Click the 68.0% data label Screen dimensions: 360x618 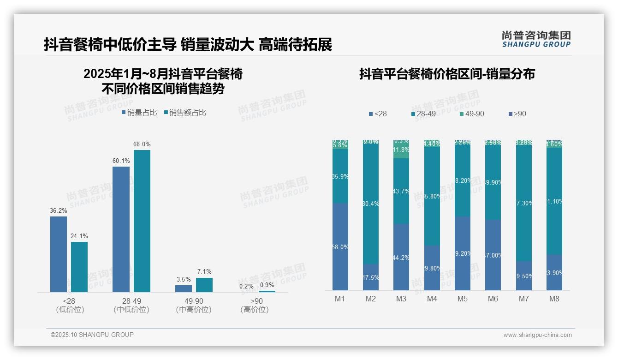pyautogui.click(x=142, y=144)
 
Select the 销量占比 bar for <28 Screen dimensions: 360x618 pyautogui.click(x=59, y=254)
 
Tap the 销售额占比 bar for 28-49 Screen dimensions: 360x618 pyautogui.click(x=142, y=221)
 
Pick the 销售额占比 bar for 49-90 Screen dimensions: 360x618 pyautogui.click(x=204, y=285)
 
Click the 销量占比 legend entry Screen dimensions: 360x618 pyautogui.click(x=139, y=113)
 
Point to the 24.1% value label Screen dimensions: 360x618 pyautogui.click(x=79, y=236)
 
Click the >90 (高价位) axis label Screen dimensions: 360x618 pyautogui.click(x=254, y=305)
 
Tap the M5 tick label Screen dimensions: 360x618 pyautogui.click(x=463, y=299)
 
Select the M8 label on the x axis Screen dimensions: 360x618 pyautogui.click(x=554, y=299)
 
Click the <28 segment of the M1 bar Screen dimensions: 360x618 pyautogui.click(x=340, y=246)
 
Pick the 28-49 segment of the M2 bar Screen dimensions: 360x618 pyautogui.click(x=371, y=203)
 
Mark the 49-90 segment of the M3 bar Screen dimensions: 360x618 pyautogui.click(x=401, y=150)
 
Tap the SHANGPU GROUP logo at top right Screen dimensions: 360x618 pyautogui.click(x=536, y=39)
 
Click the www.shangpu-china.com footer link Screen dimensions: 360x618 pyautogui.click(x=537, y=335)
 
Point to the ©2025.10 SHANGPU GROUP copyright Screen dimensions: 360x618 pyautogui.click(x=92, y=335)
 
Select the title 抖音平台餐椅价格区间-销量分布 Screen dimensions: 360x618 pyautogui.click(x=447, y=74)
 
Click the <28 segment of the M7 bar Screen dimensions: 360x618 pyautogui.click(x=524, y=276)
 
